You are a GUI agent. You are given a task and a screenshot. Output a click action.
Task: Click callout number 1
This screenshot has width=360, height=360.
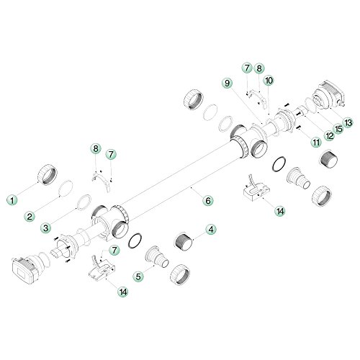pos(11,196)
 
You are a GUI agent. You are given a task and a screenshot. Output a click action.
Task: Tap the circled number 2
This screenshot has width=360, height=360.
pos(30,215)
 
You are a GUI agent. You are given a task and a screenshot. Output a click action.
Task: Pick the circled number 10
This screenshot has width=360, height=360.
pos(267,80)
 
